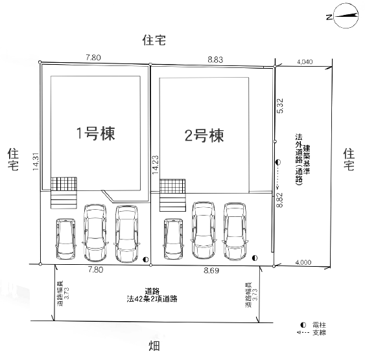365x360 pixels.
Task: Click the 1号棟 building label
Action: pyautogui.click(x=96, y=133)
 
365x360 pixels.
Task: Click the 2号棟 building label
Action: pyautogui.click(x=204, y=135)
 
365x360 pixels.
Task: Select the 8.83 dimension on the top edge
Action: pyautogui.click(x=215, y=60)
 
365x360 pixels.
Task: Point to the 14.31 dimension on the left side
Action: pyautogui.click(x=36, y=162)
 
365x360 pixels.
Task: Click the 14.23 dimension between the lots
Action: pyautogui.click(x=155, y=164)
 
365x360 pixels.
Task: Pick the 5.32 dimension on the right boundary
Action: pyautogui.click(x=280, y=106)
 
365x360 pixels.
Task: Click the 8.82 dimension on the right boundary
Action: pyautogui.click(x=279, y=200)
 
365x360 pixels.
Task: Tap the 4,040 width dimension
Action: pyautogui.click(x=305, y=62)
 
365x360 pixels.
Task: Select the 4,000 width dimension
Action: pyautogui.click(x=303, y=262)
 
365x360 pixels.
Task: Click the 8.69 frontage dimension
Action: pyautogui.click(x=211, y=271)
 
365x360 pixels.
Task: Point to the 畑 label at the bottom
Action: pyautogui.click(x=154, y=346)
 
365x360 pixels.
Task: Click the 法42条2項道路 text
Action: pyautogui.click(x=152, y=298)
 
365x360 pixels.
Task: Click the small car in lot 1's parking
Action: pyautogui.click(x=66, y=239)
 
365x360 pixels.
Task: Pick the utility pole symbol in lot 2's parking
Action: pyautogui.click(x=255, y=258)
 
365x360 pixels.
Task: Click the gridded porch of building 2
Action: pyautogui.click(x=172, y=186)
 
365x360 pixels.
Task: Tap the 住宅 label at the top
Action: pyautogui.click(x=154, y=40)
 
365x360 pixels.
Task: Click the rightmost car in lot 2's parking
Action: pyautogui.click(x=235, y=231)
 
